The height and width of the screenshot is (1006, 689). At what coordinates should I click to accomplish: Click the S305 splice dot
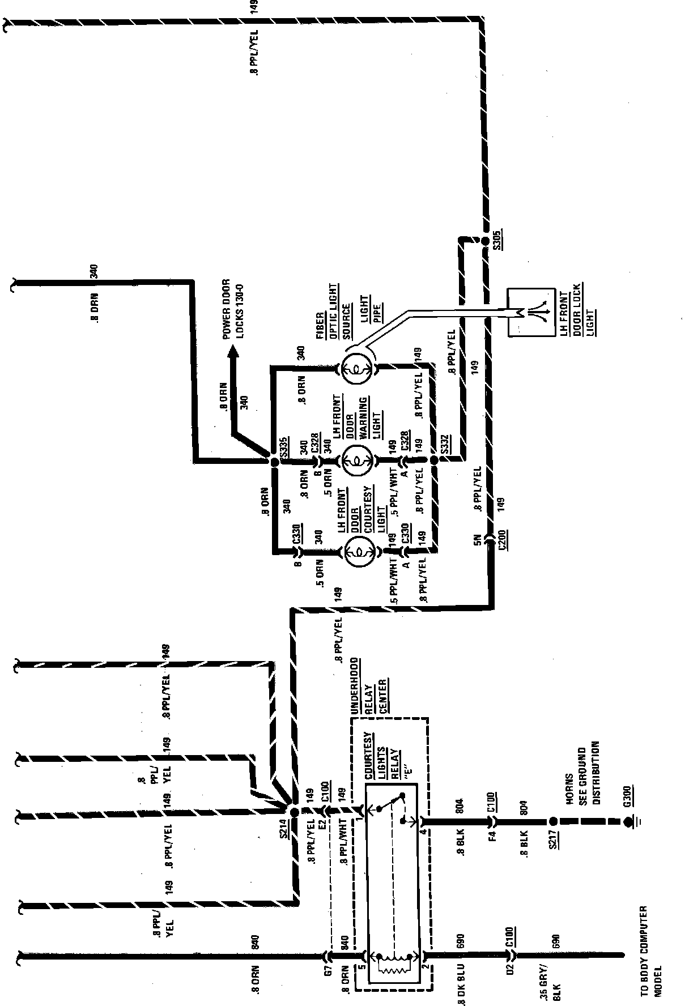pos(485,242)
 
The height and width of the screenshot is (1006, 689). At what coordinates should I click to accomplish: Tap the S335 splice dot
pos(274,462)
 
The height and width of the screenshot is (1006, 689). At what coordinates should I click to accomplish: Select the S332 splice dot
pos(434,462)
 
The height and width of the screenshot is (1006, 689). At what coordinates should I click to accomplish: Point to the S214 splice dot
pos(294,812)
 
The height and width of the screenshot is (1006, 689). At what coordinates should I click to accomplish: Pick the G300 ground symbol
pos(628,821)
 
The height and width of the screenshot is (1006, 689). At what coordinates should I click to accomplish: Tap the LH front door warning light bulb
pos(358,462)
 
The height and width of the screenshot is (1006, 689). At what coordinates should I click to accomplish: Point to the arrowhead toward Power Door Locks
pos(232,352)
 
